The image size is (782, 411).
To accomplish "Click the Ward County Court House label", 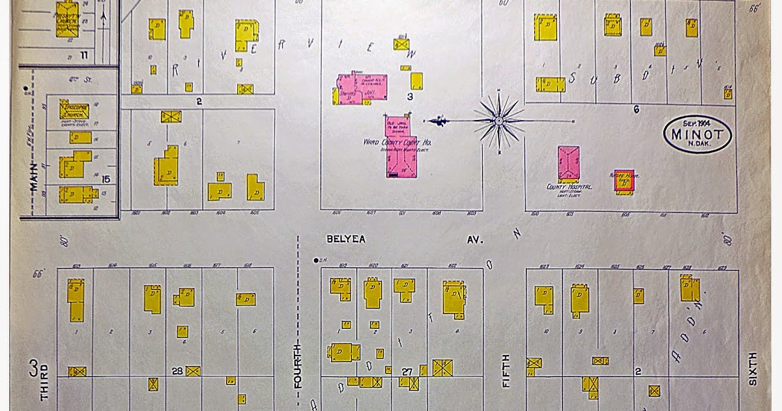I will pos(398,142).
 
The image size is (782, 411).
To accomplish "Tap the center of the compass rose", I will pos(499,121).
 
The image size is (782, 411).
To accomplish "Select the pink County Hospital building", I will pos(568,163).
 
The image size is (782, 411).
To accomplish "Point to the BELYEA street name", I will pos(346,240).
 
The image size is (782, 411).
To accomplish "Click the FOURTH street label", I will pos(298,365).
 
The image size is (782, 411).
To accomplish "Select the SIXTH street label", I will pos(753,369).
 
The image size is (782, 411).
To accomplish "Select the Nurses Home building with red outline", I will pos(624,180).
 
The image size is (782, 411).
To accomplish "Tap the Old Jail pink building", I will pos(396,127).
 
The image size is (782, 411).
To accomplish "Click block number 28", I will pos(177,371).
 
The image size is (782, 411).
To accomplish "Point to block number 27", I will pos(407,371).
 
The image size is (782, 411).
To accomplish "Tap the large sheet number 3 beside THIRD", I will pos(33,369).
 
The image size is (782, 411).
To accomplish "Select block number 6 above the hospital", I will pos(636,110).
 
